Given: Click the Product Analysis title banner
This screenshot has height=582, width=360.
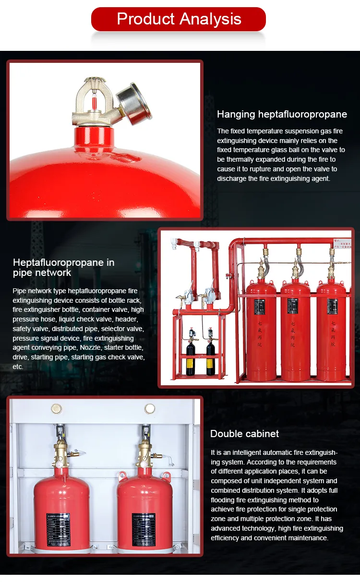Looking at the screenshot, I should (x=179, y=19).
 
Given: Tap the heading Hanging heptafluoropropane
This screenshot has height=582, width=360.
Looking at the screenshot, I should (x=282, y=114).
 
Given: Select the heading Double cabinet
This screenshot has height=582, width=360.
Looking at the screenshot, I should (x=244, y=434).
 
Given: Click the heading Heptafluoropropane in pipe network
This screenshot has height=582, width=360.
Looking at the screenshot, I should (x=63, y=267).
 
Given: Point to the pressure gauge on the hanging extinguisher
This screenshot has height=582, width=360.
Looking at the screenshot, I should (x=140, y=102).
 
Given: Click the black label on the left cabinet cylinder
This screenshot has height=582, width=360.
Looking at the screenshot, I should (x=58, y=529).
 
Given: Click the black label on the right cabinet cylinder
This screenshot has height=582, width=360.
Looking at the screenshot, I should (x=144, y=529).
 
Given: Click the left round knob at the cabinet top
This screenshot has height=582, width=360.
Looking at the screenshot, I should (x=57, y=409).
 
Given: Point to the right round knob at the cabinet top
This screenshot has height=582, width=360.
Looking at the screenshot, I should (x=150, y=409).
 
